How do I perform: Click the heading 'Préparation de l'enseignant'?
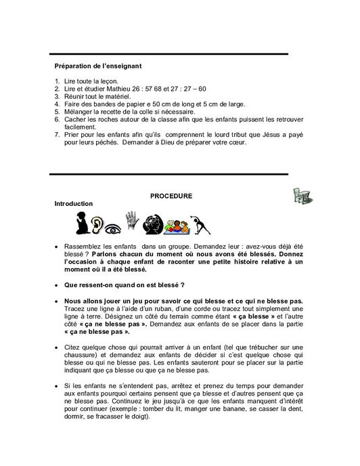[97, 66]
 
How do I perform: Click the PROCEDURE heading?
[171, 196]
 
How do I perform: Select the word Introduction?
[74, 203]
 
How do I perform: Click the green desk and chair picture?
[303, 196]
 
